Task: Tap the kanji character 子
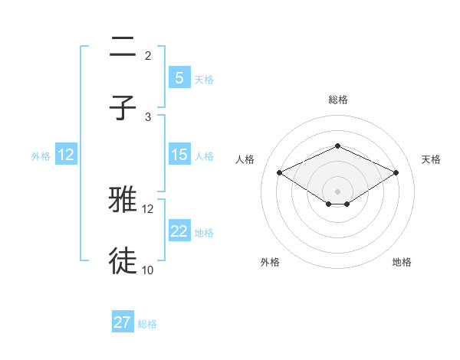[x=123, y=108]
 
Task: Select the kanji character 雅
[x=123, y=201]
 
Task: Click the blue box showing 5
[x=179, y=77]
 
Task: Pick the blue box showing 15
[x=179, y=155]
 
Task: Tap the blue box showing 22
[x=179, y=231]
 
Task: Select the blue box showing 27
[x=123, y=322]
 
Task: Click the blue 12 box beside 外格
[x=66, y=155]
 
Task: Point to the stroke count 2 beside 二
[x=148, y=55]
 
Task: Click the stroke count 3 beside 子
[x=148, y=116]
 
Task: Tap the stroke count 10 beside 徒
[x=147, y=270]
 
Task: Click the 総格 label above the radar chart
[x=337, y=100]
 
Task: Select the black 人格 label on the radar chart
[x=245, y=159]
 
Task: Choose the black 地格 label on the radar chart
[x=402, y=262]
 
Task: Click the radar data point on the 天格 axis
[x=396, y=173]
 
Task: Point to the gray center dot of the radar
[x=337, y=191]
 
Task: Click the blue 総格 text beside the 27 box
[x=147, y=324]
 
